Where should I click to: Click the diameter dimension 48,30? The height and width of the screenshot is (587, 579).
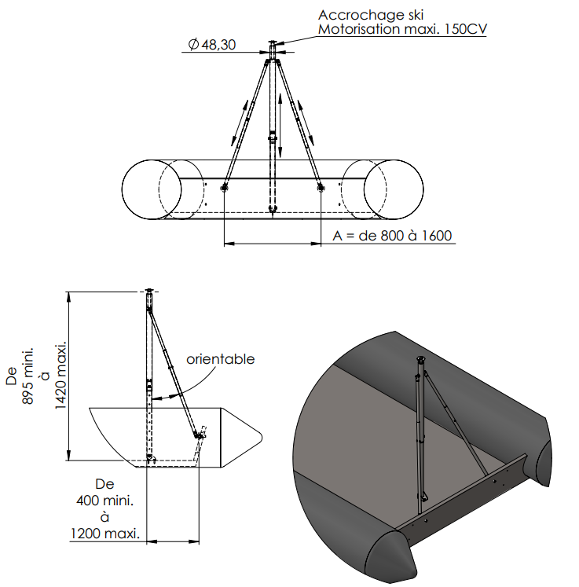[212, 45]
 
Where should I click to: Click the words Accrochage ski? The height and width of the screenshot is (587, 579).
[371, 15]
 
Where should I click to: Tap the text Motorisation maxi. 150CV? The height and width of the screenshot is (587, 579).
[402, 29]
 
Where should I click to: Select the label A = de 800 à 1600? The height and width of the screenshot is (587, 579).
[392, 236]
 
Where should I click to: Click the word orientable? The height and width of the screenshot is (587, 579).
[221, 359]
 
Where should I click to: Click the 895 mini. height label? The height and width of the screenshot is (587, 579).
[28, 376]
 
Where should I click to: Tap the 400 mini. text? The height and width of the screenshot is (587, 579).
[104, 501]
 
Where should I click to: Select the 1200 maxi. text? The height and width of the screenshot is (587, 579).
[104, 534]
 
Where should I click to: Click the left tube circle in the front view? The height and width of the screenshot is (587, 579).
[152, 189]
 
